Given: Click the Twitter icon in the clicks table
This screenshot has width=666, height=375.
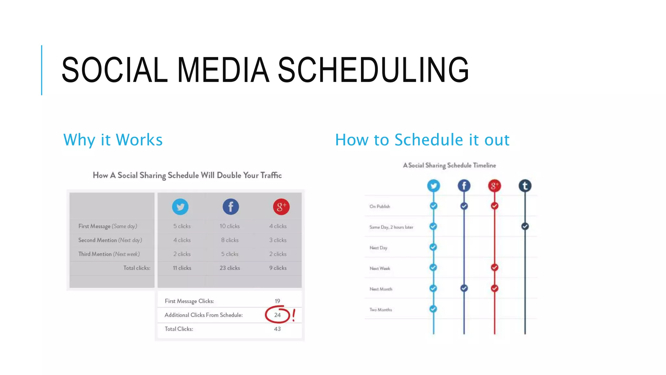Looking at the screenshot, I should [x=180, y=207].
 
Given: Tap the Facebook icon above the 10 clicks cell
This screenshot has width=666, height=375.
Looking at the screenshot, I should [x=231, y=207].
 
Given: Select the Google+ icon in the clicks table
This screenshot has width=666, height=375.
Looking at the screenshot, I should [x=281, y=207].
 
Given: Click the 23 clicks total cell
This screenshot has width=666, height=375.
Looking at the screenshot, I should [x=230, y=268].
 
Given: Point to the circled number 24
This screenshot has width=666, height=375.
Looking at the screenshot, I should [x=277, y=315].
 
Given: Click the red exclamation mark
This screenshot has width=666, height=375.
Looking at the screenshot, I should [x=294, y=315].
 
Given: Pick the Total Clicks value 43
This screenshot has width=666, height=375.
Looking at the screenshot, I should [x=277, y=329].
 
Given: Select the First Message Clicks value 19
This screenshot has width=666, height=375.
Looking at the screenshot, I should [x=277, y=301].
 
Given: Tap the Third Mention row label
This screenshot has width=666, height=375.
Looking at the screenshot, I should [x=109, y=254].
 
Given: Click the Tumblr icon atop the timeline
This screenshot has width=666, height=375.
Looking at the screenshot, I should [x=525, y=186].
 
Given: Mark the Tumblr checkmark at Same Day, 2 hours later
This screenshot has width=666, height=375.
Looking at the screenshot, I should [x=525, y=226].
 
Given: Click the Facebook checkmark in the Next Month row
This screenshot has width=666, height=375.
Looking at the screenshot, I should [x=464, y=288].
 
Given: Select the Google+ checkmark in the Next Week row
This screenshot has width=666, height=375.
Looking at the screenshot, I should [x=495, y=268].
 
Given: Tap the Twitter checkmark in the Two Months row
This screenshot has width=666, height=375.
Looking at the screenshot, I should [x=433, y=309].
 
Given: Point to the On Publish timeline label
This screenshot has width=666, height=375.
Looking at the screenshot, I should [x=380, y=206].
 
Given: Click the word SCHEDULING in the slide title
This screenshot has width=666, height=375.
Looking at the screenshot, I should [x=373, y=70].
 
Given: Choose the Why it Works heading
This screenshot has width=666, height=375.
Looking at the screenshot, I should [x=113, y=140].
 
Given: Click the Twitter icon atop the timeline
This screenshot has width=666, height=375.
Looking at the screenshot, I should [x=433, y=186].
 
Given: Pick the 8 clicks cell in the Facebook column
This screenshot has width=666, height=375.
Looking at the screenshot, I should [x=230, y=240].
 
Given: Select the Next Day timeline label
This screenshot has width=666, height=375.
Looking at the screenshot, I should [x=378, y=248].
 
